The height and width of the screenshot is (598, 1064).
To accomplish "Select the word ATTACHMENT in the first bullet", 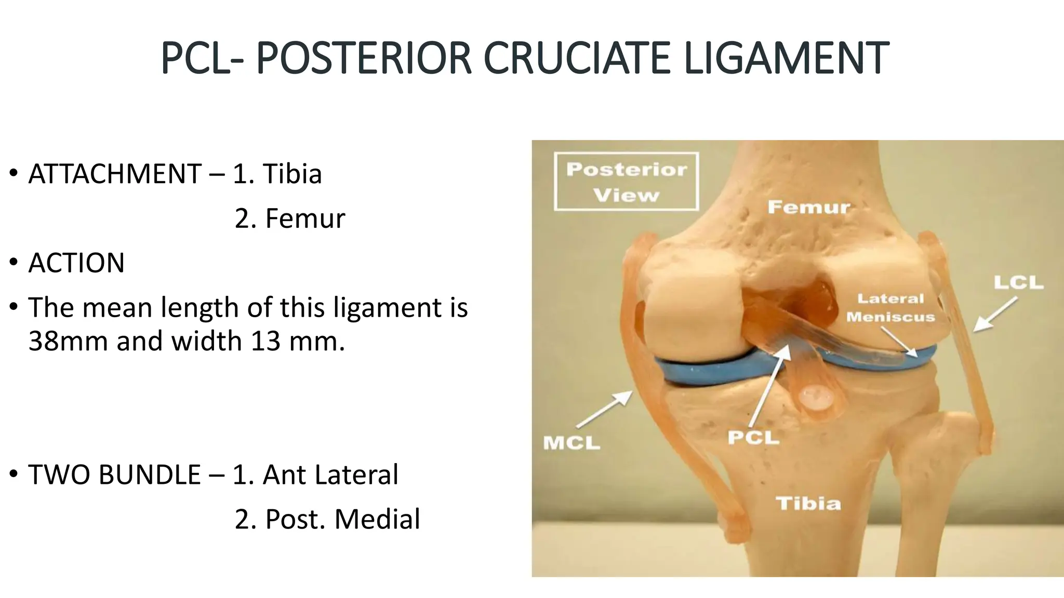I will click(x=115, y=173).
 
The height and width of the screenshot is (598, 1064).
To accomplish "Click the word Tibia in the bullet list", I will click(x=292, y=173).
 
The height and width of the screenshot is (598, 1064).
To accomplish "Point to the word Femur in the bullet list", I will click(x=305, y=218).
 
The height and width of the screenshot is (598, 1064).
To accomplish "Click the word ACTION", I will click(x=76, y=263).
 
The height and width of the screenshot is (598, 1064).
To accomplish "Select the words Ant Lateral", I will click(x=330, y=474).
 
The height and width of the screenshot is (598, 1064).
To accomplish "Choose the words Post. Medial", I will click(x=342, y=519).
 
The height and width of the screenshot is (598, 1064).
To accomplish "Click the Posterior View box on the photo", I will click(x=627, y=182).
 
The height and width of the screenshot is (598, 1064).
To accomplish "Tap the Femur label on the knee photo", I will click(x=809, y=207).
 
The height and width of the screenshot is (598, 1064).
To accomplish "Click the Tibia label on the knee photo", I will click(x=808, y=503).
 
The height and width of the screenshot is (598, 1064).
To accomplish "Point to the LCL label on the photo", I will click(x=1018, y=283).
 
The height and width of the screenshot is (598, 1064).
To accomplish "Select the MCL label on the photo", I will click(x=571, y=443).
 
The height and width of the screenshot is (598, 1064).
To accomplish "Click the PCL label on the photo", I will click(x=753, y=438).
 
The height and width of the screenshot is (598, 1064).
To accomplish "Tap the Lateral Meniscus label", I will click(x=890, y=308).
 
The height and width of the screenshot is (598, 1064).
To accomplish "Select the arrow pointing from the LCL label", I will click(x=995, y=314).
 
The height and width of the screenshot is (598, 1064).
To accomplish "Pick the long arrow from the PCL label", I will click(x=769, y=387).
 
